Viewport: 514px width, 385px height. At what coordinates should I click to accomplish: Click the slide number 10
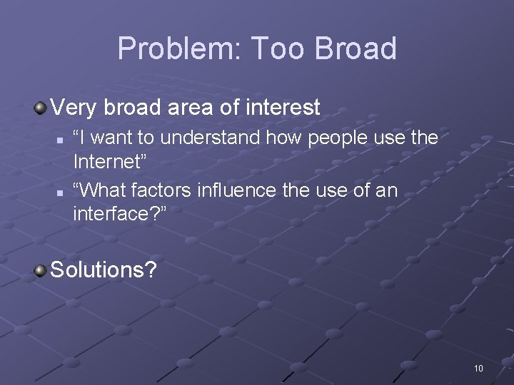click(x=478, y=368)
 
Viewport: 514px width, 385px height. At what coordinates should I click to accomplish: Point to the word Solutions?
click(x=104, y=270)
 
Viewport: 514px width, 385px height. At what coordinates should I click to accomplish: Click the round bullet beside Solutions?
click(x=41, y=270)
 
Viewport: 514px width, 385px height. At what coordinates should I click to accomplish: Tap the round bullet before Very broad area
click(x=41, y=108)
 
